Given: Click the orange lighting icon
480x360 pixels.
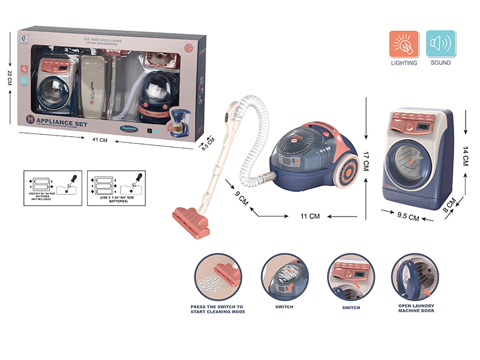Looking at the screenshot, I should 403,43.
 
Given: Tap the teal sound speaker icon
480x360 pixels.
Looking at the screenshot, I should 440,43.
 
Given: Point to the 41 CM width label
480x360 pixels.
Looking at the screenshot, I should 100,140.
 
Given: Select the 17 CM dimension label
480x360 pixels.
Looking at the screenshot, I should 367,163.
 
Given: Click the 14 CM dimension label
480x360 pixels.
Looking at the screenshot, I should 466,155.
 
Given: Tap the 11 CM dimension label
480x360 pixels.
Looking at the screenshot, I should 310,215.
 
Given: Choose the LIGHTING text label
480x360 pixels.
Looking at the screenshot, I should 403,63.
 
